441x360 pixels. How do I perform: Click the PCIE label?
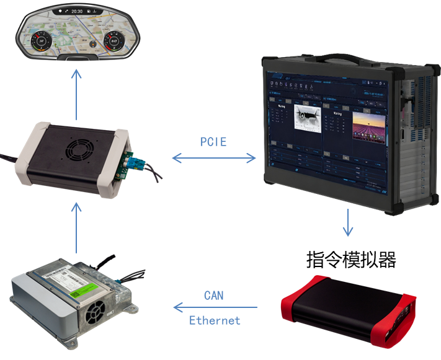(x=213, y=141)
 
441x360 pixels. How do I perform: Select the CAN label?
(x=213, y=295)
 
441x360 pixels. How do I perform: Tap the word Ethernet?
(x=215, y=320)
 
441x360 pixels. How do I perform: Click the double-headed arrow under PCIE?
(x=214, y=159)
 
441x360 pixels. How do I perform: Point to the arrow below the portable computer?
(x=348, y=222)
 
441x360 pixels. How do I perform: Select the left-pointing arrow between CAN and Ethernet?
(x=215, y=307)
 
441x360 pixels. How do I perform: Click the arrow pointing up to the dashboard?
(x=76, y=94)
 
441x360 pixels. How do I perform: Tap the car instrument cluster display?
(x=77, y=34)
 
